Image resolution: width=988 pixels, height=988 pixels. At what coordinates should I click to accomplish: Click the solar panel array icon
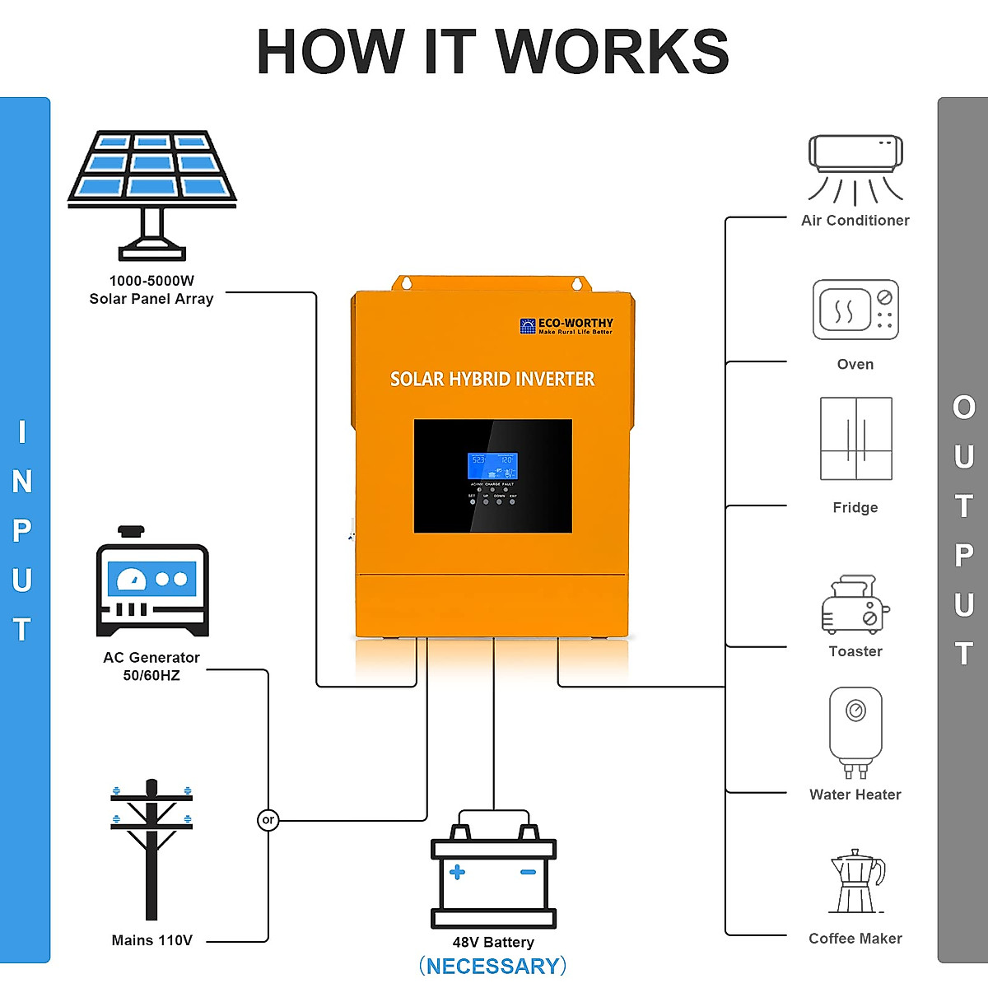point(152,193)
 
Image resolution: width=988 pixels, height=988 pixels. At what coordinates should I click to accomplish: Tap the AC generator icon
point(152,583)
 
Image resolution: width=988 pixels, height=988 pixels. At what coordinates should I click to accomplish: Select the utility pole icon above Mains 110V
point(151,848)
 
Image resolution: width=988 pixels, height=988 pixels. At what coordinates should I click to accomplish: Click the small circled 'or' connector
point(268,820)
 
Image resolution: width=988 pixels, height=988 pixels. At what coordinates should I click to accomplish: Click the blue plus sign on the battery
point(457,872)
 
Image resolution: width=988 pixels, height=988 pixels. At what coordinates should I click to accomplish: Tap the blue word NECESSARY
point(492,966)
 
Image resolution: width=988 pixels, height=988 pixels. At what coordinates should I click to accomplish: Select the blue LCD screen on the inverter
point(492,466)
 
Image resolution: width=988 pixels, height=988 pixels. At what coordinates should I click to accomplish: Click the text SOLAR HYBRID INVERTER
point(492,380)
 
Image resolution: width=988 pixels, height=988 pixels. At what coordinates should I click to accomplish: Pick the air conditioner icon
point(855,169)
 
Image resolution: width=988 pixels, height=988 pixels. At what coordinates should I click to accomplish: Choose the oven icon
point(855,310)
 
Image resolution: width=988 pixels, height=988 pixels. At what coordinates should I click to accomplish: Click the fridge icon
point(855,438)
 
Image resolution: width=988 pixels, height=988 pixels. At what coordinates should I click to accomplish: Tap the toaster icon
point(855,604)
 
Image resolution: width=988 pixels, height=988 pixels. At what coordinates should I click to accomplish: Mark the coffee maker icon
point(856,882)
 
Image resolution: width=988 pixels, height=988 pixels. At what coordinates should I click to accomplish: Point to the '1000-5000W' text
point(151,281)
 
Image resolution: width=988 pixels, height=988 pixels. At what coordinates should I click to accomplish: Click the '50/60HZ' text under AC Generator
point(151,676)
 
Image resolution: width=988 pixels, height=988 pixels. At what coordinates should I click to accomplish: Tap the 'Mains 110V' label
point(151,940)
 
